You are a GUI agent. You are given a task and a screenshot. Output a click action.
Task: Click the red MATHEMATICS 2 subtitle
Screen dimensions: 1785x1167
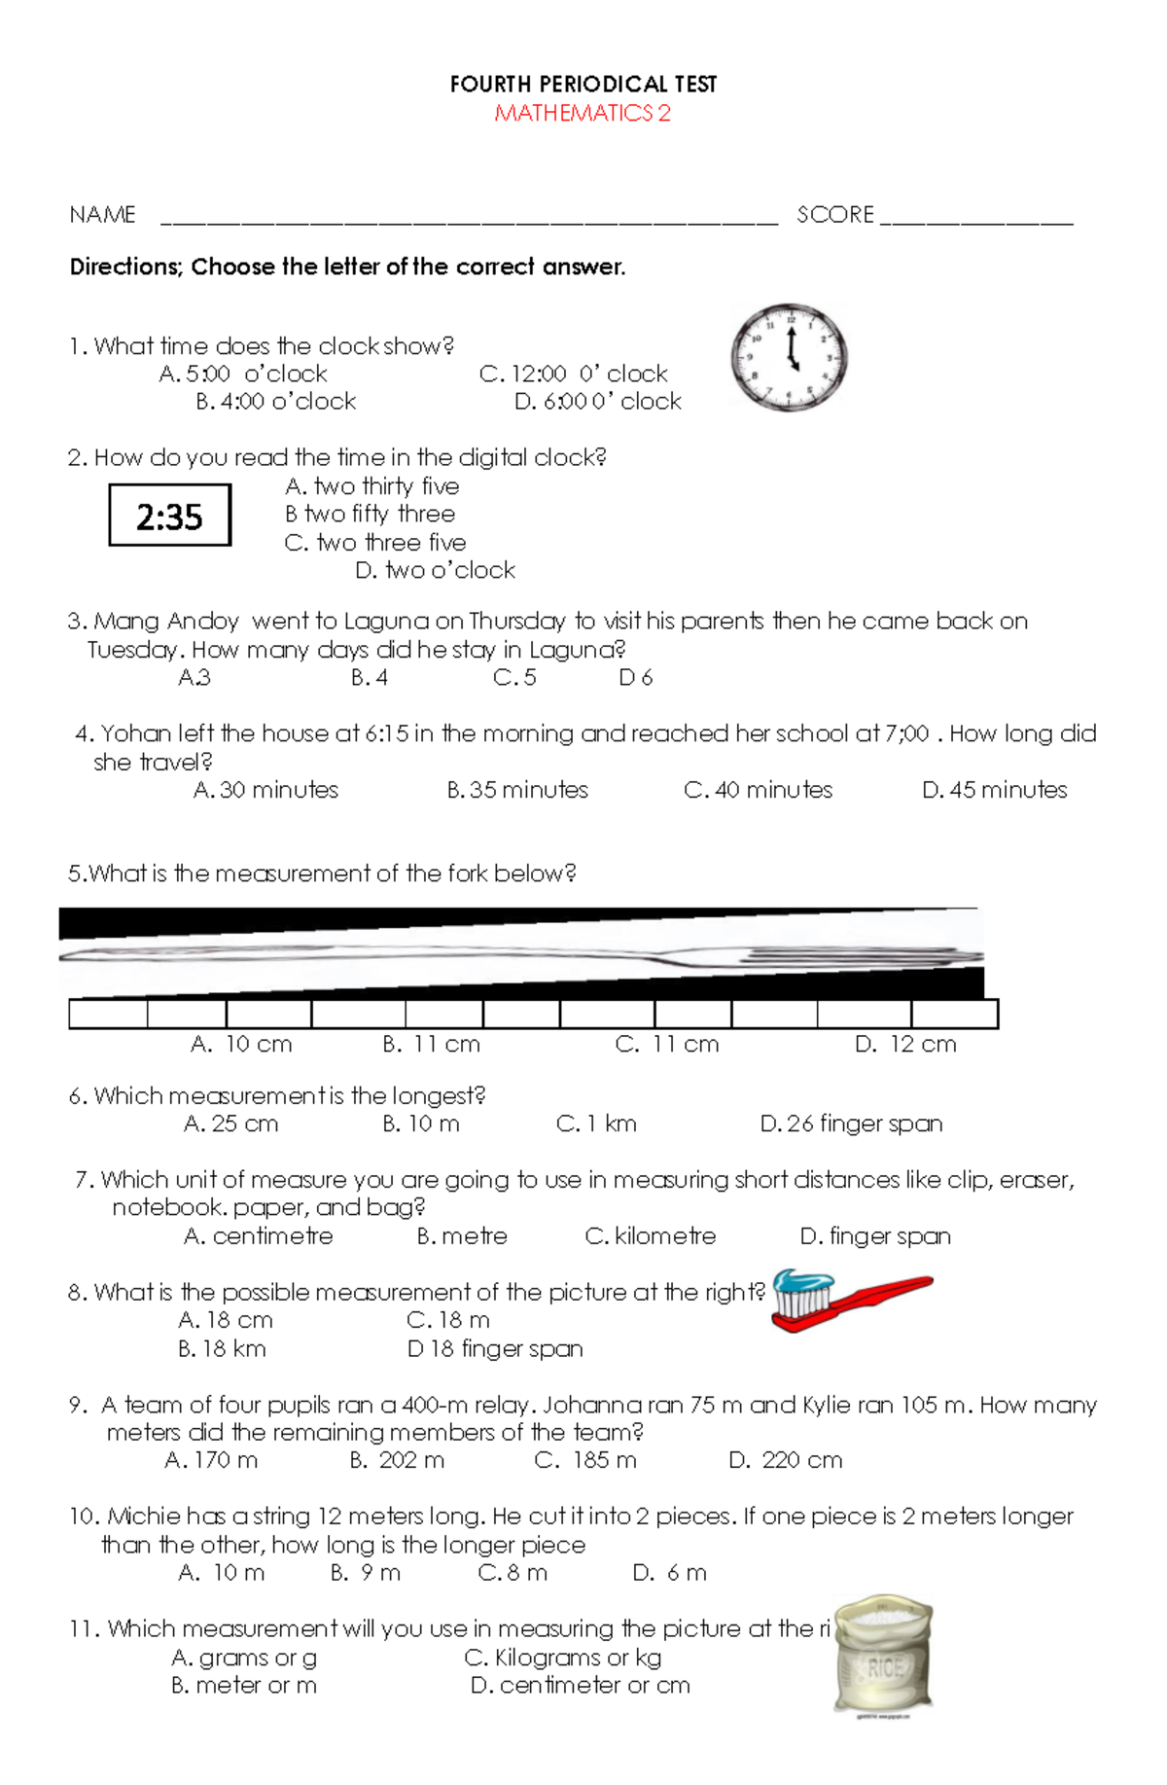click(x=583, y=114)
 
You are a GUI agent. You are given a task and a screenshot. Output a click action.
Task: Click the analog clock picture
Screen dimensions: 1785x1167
click(x=790, y=357)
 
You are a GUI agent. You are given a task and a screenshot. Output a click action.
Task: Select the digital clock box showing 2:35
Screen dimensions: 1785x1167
click(x=169, y=516)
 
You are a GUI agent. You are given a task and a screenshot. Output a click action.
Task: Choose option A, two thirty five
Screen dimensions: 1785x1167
click(x=372, y=486)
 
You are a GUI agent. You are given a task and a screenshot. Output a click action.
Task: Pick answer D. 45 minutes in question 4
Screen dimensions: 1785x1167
click(x=994, y=790)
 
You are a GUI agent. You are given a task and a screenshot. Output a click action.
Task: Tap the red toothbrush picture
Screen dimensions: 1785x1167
click(x=850, y=1301)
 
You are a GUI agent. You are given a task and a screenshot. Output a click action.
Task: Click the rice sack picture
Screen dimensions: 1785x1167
click(x=883, y=1654)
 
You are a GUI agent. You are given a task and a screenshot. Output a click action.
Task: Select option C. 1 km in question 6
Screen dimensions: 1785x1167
click(x=596, y=1125)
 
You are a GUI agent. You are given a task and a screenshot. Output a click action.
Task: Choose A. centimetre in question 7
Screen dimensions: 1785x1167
click(x=259, y=1236)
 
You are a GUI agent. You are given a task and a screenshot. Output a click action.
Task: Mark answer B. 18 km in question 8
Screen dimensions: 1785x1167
click(x=222, y=1349)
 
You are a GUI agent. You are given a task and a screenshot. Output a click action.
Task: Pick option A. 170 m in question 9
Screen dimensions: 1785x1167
click(x=211, y=1460)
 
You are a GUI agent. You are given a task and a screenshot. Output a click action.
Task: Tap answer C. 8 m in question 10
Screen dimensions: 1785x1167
click(x=513, y=1573)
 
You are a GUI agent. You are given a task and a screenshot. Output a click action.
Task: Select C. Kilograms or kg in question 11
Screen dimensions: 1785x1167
click(x=563, y=1658)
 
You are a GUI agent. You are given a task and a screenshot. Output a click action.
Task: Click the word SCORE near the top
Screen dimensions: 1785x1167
click(x=835, y=215)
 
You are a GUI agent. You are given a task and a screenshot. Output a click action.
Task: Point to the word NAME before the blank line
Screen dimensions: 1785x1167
click(x=102, y=215)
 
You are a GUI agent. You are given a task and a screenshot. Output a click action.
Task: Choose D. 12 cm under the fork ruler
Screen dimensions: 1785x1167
click(x=905, y=1045)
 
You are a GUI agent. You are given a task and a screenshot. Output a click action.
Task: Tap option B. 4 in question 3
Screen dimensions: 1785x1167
click(x=370, y=678)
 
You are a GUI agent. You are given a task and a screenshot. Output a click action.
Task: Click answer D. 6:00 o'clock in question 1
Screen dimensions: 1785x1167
click(x=597, y=402)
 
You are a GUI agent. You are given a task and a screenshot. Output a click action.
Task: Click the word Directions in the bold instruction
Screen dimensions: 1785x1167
click(x=124, y=268)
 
